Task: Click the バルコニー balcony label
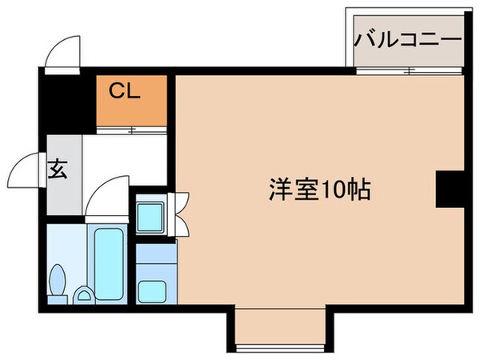point(407,38)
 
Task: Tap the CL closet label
point(125,90)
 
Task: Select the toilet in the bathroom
point(58,283)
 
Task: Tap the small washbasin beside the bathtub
point(82,296)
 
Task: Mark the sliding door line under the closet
point(131,128)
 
